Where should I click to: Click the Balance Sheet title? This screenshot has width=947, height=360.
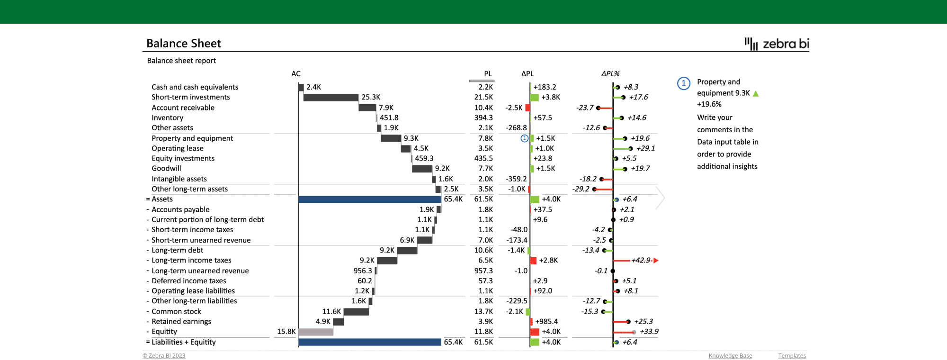click(184, 44)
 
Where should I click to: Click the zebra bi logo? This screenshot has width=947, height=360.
click(777, 44)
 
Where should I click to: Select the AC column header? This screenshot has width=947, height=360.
click(295, 74)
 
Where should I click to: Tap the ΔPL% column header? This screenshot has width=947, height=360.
click(610, 74)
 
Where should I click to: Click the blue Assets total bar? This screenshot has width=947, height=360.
click(369, 199)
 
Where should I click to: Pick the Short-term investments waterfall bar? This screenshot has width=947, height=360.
click(331, 98)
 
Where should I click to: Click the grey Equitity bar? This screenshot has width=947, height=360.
click(316, 332)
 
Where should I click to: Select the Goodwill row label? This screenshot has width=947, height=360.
click(166, 169)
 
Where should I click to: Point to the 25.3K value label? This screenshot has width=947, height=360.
click(371, 97)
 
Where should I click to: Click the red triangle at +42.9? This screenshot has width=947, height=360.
click(656, 261)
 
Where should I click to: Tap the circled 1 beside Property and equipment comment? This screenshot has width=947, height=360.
click(683, 83)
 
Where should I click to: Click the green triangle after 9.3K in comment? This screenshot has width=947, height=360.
click(756, 94)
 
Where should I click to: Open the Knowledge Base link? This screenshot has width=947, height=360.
click(730, 356)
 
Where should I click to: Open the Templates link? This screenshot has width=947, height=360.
click(792, 356)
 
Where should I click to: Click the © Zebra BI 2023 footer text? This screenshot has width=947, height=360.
click(164, 356)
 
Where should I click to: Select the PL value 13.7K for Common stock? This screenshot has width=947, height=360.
click(483, 311)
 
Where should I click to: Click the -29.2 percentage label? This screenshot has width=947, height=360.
click(581, 189)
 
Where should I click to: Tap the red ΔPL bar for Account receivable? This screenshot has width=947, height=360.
click(527, 108)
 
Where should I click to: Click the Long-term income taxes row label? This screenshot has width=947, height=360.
click(191, 261)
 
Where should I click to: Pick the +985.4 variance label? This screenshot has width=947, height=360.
click(546, 322)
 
